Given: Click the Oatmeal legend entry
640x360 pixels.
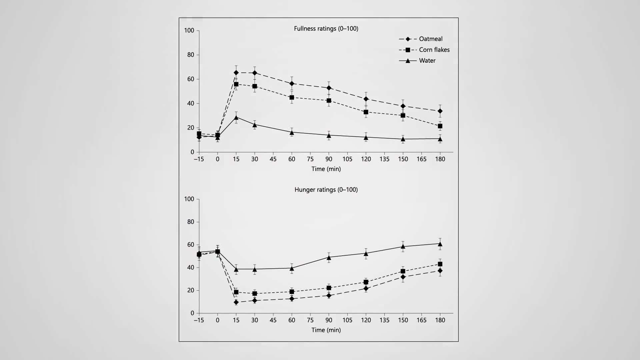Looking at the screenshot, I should pos(430,39).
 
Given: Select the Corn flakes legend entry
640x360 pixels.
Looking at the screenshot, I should pos(434,50).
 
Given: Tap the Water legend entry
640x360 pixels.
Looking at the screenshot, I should pos(427,61).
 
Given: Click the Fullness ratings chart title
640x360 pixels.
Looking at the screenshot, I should pos(326,29).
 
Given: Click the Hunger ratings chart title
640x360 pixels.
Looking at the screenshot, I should pos(326,190).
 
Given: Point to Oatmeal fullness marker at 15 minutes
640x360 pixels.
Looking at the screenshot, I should pos(236,73).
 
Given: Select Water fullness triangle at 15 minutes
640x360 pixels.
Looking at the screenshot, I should pos(236,117).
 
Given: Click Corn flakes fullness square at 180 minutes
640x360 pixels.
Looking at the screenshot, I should pos(440,126).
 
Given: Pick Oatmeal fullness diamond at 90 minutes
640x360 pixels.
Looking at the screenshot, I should pos(329,88).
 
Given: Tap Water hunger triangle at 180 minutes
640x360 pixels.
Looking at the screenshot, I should pos(440,244).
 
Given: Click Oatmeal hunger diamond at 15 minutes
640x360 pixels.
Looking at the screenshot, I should pos(236,302).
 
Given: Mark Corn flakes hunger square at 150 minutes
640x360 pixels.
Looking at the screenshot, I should pos(403,271).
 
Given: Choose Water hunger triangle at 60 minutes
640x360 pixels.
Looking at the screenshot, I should pos(292,268).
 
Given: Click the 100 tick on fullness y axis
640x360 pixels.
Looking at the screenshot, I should pos(189,30).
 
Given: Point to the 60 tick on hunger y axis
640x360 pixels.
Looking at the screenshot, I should pos(190,245).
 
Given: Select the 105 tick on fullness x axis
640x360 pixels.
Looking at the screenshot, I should pos(347,159).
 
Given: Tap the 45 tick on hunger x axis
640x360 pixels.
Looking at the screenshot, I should pos(273,320).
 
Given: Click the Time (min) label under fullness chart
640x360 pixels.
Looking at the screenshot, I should pos(326,169).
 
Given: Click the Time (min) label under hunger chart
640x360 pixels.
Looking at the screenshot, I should pos(326,330).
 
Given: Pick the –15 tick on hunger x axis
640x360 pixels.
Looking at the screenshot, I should pos(199,320).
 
